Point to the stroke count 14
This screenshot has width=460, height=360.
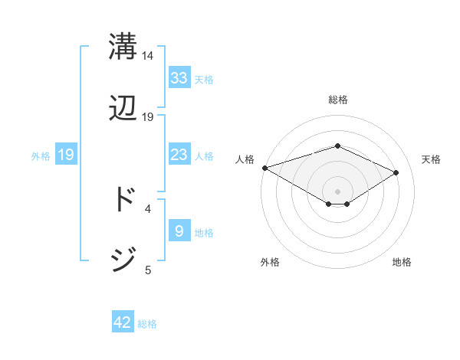(148, 56)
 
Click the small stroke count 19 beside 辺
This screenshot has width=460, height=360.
(148, 117)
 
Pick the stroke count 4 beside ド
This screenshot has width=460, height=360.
(148, 208)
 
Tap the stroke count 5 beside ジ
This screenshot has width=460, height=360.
(148, 269)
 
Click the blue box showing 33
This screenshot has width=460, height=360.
(179, 77)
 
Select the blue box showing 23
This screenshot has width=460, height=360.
(179, 155)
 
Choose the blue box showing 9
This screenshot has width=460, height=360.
(179, 231)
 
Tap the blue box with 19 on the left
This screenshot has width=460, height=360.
(65, 155)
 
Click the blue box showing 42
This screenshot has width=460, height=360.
(123, 322)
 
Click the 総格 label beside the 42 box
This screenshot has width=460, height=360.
(147, 324)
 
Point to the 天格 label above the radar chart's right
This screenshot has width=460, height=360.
(431, 159)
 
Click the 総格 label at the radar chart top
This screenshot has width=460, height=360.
(337, 100)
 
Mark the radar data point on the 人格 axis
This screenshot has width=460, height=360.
(264, 168)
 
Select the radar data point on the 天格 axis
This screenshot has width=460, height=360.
(396, 173)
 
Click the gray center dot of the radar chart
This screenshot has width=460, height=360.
(337, 191)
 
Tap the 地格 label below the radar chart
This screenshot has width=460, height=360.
(402, 262)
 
